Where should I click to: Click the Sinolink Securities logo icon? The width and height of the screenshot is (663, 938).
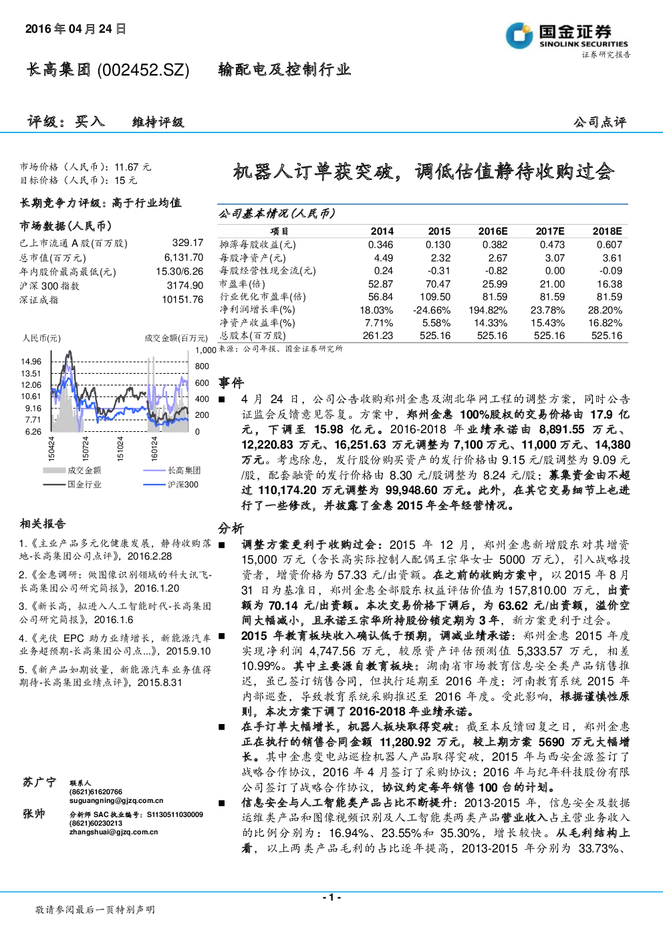point(519,35)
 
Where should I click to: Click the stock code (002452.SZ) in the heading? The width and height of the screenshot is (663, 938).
point(143,70)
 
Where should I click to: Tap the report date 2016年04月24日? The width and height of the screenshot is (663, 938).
point(76,29)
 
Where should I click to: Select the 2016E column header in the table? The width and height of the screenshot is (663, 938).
point(493,231)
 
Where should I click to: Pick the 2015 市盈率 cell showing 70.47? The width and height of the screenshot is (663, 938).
point(438,284)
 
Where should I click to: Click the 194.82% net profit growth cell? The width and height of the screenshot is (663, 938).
point(488,310)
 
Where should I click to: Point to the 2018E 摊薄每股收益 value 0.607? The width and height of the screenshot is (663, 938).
point(610,245)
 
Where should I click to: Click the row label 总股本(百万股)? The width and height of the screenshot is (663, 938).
point(253,336)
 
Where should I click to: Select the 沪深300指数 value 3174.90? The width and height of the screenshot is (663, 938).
point(185,285)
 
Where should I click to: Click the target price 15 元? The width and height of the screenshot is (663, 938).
point(126,181)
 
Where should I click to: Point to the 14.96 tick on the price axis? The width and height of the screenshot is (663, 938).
point(31,362)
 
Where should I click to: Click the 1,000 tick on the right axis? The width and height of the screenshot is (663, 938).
point(205,350)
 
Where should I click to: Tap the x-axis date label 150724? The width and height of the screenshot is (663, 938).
point(86,449)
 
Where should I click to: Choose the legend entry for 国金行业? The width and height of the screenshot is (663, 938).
point(72,485)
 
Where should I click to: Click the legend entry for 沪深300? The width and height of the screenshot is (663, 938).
point(171,485)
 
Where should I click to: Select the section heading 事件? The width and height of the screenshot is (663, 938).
point(231,382)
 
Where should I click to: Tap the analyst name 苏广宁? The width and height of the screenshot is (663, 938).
point(39,782)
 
